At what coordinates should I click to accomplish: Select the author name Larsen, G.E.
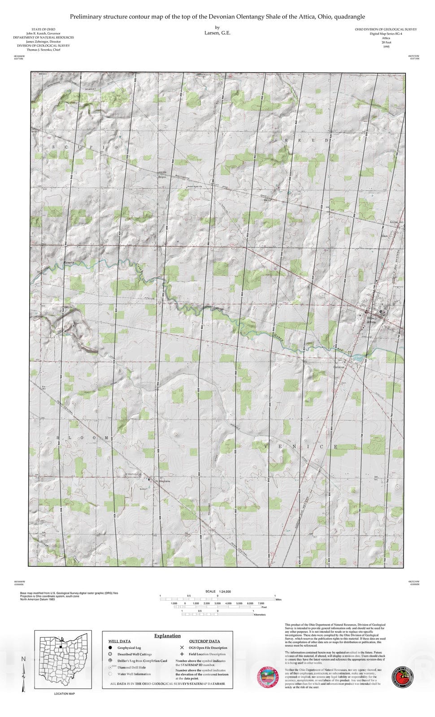[217, 33]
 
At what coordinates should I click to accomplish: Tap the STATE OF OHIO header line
[43, 30]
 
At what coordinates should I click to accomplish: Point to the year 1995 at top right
[386, 47]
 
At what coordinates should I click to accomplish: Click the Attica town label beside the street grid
[371, 322]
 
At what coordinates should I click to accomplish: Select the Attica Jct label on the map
[396, 222]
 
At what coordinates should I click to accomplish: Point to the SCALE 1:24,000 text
[218, 592]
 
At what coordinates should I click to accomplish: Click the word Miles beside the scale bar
[278, 599]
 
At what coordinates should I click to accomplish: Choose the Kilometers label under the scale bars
[260, 614]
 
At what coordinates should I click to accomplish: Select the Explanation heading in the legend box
[167, 635]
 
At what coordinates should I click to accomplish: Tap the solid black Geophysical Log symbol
[110, 648]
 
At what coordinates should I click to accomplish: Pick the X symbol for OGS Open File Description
[182, 648]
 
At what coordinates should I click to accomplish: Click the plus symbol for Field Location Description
[182, 654]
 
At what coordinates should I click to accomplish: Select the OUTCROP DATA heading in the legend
[204, 641]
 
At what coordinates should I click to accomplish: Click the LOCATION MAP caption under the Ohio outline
[65, 694]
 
